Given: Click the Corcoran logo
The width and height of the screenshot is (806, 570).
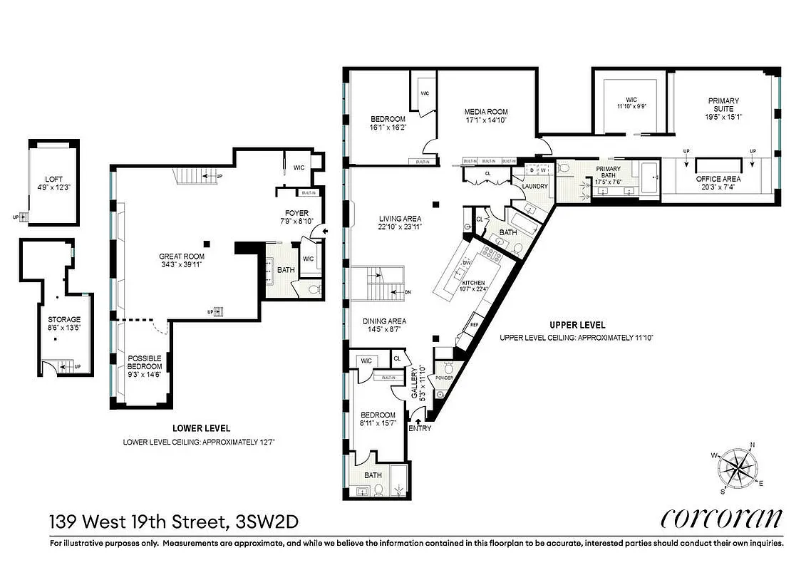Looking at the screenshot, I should pos(721,519).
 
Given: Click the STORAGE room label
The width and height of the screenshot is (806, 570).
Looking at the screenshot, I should pos(63,319).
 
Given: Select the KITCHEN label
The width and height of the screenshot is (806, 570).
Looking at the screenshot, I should pos(472,283).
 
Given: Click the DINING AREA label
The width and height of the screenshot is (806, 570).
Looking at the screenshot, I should pos(383,321).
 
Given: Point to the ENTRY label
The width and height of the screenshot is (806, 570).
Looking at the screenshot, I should pos(419,428).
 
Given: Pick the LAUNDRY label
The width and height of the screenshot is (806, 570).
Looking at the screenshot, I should pos(534,187).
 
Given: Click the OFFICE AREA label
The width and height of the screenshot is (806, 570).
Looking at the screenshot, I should pos(718,179).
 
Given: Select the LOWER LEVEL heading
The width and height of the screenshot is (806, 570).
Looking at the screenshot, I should pos(202,428).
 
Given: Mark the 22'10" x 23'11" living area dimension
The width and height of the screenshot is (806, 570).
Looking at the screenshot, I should pos(400,227).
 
